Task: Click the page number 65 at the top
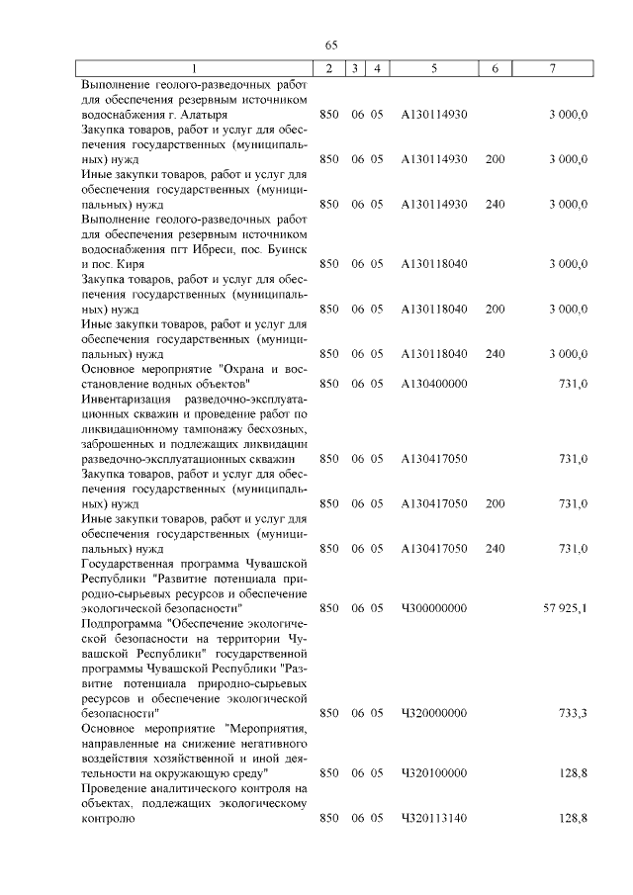pos(331,45)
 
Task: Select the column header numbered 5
pos(434,67)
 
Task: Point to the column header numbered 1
pos(195,67)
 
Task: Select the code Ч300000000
pos(434,607)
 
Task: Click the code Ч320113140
pos(434,818)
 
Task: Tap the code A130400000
pos(434,382)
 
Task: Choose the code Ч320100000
pos(434,771)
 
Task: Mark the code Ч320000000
pos(434,711)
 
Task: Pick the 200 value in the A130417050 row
pos(496,502)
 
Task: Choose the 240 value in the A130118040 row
pos(496,352)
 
